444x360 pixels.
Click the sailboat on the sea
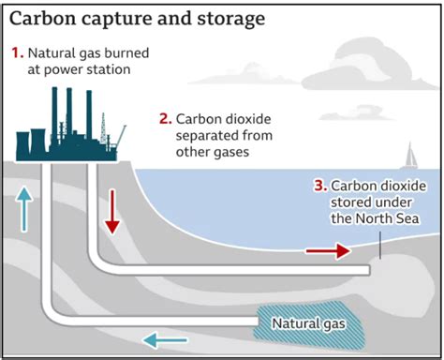(x=410, y=156)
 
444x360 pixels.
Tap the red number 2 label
(x=165, y=118)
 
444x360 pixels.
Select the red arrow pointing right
(x=328, y=250)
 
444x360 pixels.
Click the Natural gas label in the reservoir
(x=307, y=324)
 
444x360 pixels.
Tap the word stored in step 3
(x=350, y=202)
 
